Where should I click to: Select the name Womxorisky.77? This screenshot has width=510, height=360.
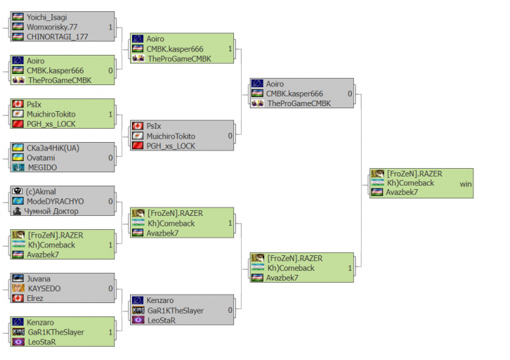click(53, 27)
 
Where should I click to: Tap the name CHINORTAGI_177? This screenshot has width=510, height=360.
click(56, 37)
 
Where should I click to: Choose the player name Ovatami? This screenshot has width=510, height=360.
click(41, 157)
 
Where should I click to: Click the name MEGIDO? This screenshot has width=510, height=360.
click(43, 167)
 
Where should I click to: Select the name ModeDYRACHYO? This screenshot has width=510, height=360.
click(55, 201)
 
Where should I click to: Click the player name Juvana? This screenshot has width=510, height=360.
click(39, 279)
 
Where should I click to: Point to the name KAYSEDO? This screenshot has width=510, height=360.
click(44, 288)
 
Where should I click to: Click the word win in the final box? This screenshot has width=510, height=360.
click(466, 184)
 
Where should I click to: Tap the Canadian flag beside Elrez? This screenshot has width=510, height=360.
click(18, 298)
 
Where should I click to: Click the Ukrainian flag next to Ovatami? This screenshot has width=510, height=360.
click(18, 157)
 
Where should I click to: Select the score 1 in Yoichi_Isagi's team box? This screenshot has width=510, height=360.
click(110, 27)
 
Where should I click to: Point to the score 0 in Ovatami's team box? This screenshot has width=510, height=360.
click(110, 157)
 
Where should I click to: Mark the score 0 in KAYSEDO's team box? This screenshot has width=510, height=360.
click(110, 288)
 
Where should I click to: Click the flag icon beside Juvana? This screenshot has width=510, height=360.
click(18, 279)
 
